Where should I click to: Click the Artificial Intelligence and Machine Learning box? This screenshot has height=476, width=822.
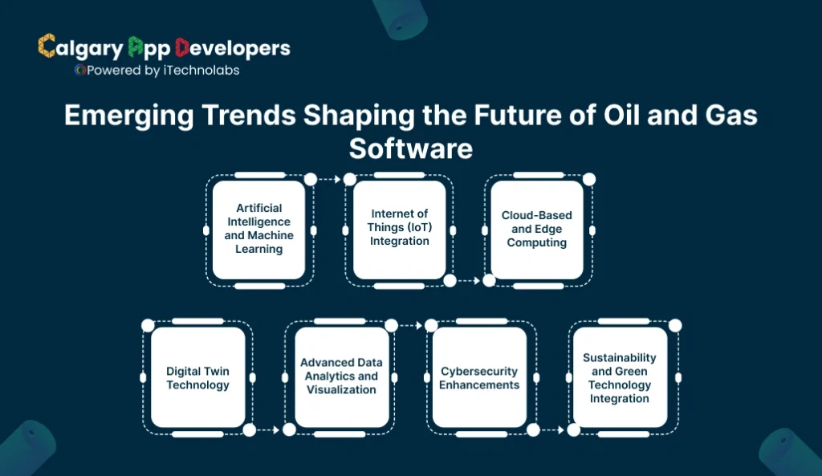[258, 229]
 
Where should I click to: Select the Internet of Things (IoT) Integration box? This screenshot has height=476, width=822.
[399, 229]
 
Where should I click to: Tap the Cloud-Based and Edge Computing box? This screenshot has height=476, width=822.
[536, 229]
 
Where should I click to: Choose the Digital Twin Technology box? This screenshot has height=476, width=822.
[197, 377]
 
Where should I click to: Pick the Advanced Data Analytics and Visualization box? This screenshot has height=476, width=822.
[341, 377]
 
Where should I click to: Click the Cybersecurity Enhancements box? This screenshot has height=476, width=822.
[479, 377]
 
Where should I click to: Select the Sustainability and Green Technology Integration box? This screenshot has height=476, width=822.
[619, 377]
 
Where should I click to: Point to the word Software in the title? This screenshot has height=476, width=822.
[411, 149]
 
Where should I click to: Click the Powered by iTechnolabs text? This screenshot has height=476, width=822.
[161, 71]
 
